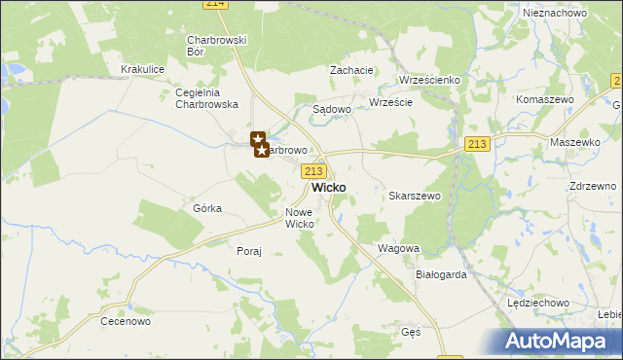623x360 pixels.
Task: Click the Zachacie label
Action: click(x=352, y=70)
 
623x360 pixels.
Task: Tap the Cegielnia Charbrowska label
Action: click(x=205, y=98)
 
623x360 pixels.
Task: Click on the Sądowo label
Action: click(x=331, y=110)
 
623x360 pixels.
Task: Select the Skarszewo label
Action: click(x=416, y=196)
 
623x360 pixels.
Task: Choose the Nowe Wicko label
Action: click(x=300, y=218)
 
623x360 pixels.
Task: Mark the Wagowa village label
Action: click(x=398, y=248)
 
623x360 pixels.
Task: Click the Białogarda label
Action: click(x=442, y=274)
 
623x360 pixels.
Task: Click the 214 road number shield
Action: click(x=216, y=5)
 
